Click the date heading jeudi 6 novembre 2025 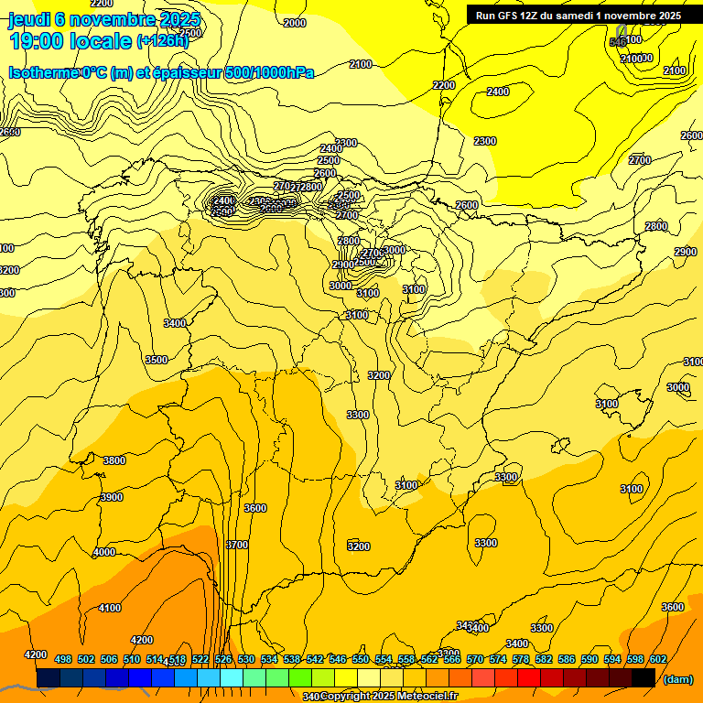click(x=103, y=19)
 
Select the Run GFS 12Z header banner click(x=578, y=15)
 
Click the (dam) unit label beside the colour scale click(x=677, y=678)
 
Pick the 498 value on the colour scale click(x=63, y=659)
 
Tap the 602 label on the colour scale click(x=658, y=659)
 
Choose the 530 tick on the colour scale click(x=246, y=659)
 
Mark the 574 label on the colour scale click(x=498, y=659)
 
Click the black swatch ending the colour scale click(x=644, y=677)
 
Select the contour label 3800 click(x=114, y=460)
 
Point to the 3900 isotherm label click(x=111, y=497)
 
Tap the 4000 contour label click(x=104, y=552)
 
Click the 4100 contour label click(x=110, y=608)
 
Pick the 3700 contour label click(x=236, y=545)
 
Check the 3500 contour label click(x=157, y=360)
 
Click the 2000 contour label click(x=295, y=23)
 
